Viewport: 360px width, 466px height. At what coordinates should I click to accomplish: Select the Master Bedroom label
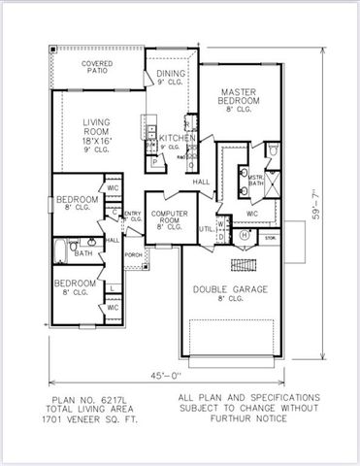click(239, 96)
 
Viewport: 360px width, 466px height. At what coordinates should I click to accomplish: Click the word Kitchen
click(179, 139)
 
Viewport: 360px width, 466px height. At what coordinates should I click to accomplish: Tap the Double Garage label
click(230, 288)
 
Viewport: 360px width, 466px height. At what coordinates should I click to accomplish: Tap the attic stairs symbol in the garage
click(244, 264)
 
